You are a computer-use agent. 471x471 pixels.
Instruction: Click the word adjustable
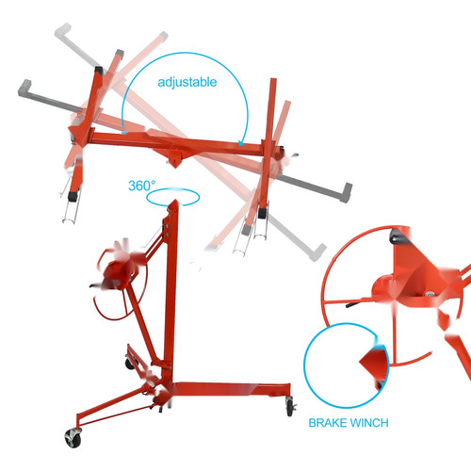tap(187, 82)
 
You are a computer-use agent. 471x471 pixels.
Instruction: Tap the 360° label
tap(141, 186)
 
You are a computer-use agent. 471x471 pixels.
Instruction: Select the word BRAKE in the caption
tap(327, 423)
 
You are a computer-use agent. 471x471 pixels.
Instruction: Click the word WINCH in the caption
tap(368, 423)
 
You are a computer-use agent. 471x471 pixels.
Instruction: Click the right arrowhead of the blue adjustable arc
tap(241, 143)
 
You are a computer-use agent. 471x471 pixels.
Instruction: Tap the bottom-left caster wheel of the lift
tap(73, 437)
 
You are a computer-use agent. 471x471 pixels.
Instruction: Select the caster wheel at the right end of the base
tap(290, 407)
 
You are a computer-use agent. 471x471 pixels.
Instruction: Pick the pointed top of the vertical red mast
tap(173, 200)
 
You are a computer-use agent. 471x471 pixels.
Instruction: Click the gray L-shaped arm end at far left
tap(24, 88)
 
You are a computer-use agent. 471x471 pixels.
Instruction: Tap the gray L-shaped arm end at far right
tap(346, 192)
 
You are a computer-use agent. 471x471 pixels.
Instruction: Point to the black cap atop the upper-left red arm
tap(99, 70)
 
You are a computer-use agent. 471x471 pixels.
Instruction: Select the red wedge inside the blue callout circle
tap(374, 365)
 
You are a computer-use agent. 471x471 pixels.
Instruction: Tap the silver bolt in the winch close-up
tap(429, 294)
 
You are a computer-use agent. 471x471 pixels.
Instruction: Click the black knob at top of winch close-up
tap(398, 236)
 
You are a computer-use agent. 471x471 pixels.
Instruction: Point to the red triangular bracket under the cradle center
tap(174, 158)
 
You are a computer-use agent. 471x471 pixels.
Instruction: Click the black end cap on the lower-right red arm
tap(262, 213)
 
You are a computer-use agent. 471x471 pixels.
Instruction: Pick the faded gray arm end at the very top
tap(63, 30)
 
